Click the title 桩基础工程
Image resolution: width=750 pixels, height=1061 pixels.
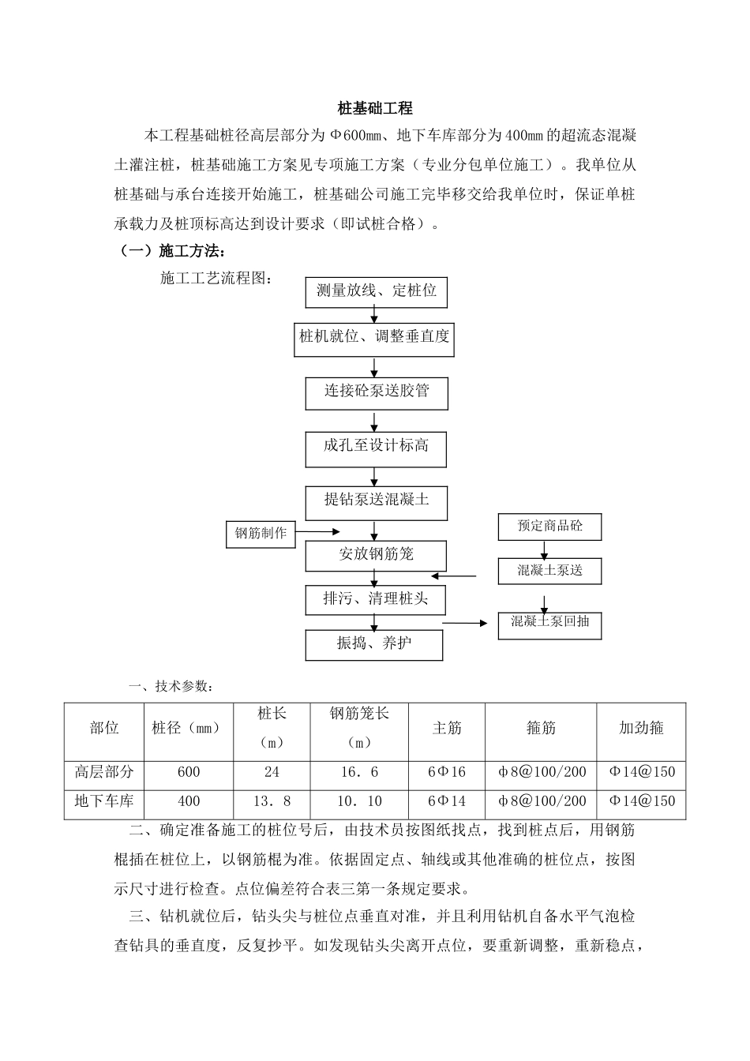tap(375, 108)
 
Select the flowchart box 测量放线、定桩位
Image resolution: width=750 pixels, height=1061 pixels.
tap(376, 291)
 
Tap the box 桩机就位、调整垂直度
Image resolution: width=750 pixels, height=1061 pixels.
tap(374, 337)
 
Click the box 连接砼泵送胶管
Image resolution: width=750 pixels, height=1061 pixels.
tap(377, 392)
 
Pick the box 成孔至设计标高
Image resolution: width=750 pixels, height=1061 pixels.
tap(376, 447)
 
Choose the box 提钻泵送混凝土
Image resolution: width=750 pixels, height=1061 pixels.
tap(377, 501)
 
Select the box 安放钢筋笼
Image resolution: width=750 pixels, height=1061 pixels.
tap(376, 555)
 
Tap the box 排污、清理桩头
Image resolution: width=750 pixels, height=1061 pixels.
tap(376, 599)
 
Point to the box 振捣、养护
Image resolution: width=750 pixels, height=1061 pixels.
tap(374, 644)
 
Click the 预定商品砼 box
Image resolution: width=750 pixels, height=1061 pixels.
tap(549, 527)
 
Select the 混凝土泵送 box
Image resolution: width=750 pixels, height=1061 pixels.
tap(549, 571)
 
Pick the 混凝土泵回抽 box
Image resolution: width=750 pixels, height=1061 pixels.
tap(549, 622)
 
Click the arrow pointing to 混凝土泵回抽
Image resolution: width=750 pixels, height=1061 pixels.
tap(466, 624)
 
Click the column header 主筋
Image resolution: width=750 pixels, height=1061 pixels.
tap(447, 729)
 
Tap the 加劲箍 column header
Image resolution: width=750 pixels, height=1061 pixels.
tap(641, 729)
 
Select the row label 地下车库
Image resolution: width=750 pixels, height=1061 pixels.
tap(104, 801)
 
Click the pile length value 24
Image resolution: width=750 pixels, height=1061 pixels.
tap(272, 772)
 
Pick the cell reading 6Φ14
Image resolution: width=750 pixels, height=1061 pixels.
tap(447, 801)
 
